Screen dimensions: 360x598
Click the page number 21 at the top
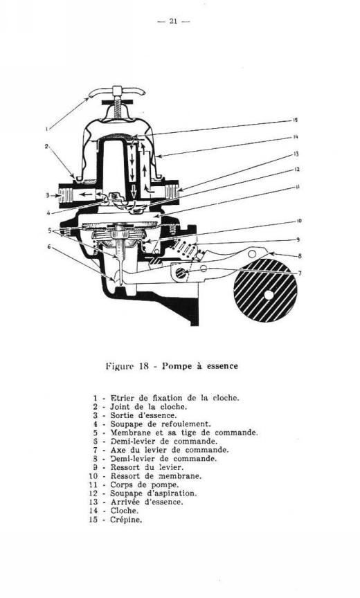173,21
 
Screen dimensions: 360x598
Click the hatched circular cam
265,290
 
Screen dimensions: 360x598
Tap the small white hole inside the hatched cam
269,295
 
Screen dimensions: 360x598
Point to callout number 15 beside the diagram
295,120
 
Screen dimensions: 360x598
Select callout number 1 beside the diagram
47,129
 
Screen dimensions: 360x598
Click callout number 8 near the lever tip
299,256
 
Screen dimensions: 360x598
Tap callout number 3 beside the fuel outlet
48,195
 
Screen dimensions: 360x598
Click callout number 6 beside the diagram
49,246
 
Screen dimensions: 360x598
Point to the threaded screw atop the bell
117,107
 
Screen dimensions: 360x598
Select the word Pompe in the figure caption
176,366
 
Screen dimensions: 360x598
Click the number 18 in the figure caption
143,366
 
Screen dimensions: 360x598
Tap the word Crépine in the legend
126,519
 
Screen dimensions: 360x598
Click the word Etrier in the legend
121,398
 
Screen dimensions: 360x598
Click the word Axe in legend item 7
117,450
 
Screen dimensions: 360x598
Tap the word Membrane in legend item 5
128,433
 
